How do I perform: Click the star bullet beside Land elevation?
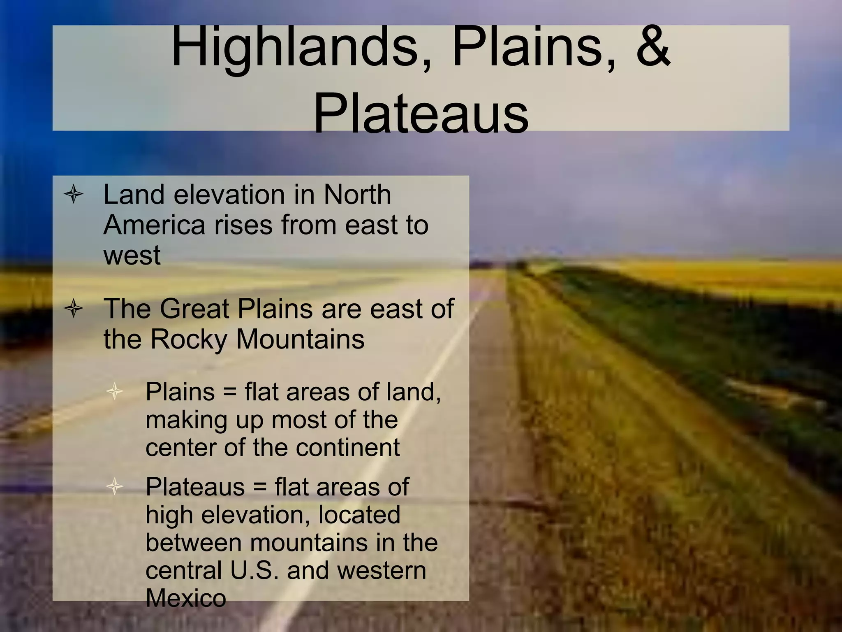pos(74,194)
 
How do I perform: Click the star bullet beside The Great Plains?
pos(74,309)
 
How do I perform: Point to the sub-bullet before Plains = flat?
pos(114,391)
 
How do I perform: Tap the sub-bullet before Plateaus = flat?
pos(114,487)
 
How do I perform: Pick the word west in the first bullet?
pos(132,256)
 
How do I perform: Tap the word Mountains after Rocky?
pos(300,339)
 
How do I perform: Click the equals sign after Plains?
pos(230,392)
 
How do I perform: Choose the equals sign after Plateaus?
pos(260,488)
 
